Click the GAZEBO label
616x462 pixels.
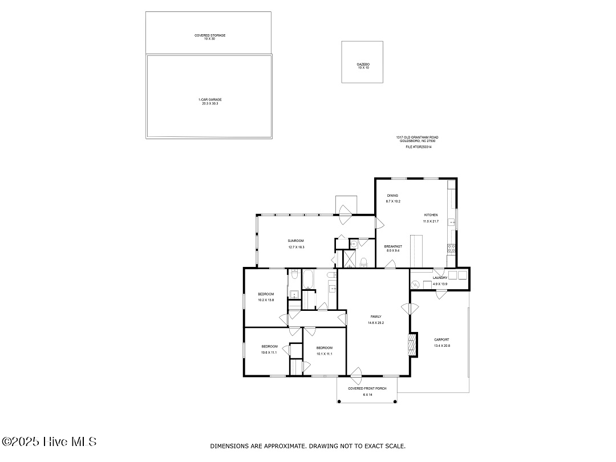[x=363, y=64]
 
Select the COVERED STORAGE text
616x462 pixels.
[x=210, y=35]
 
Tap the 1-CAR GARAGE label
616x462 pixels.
[x=210, y=99]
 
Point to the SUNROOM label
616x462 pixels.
[x=296, y=241]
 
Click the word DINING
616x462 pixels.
[x=392, y=196]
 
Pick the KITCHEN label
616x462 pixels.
[x=430, y=215]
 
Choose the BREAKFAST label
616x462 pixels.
[x=394, y=246]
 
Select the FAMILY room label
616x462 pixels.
[x=375, y=317]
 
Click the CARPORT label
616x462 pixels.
[x=441, y=339]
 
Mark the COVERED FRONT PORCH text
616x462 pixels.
[x=367, y=388]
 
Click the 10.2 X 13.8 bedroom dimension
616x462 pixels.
[x=266, y=299]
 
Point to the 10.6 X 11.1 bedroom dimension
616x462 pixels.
[x=269, y=352]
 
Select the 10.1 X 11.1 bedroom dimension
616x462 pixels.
[x=324, y=354]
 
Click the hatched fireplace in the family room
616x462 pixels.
[x=412, y=345]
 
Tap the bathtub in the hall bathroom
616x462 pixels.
[x=310, y=279]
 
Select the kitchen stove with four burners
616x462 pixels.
[x=451, y=248]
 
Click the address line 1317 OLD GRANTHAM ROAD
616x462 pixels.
[x=418, y=137]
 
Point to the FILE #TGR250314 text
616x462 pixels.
[x=418, y=147]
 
